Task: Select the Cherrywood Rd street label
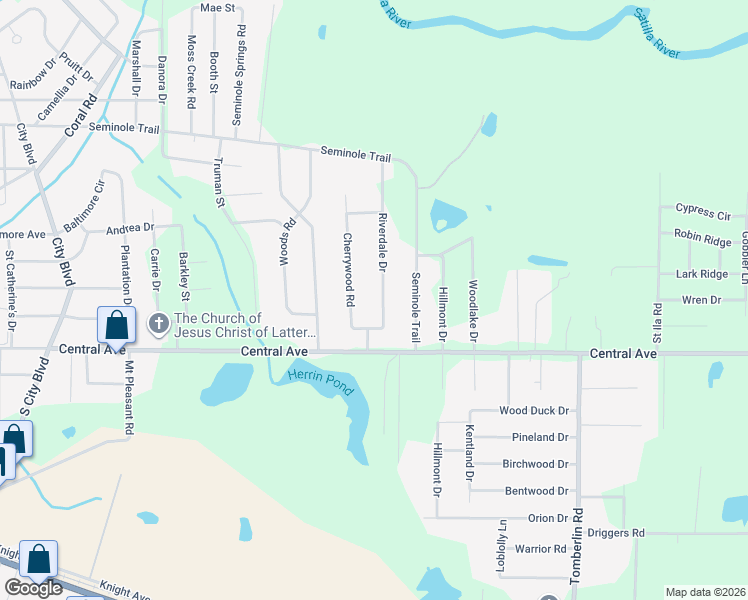pos(349,269)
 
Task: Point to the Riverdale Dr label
pos(382,241)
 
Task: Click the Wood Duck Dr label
pos(534,410)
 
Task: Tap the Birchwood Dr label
pos(535,464)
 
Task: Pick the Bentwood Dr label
pos(537,491)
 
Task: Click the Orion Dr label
pos(548,518)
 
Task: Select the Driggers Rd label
pos(616,533)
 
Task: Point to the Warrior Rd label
pos(541,549)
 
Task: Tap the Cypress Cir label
pos(703,213)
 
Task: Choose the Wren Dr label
pos(701,300)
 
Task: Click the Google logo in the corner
pos(33,588)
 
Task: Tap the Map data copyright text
pos(705,592)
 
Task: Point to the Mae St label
pos(217,7)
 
